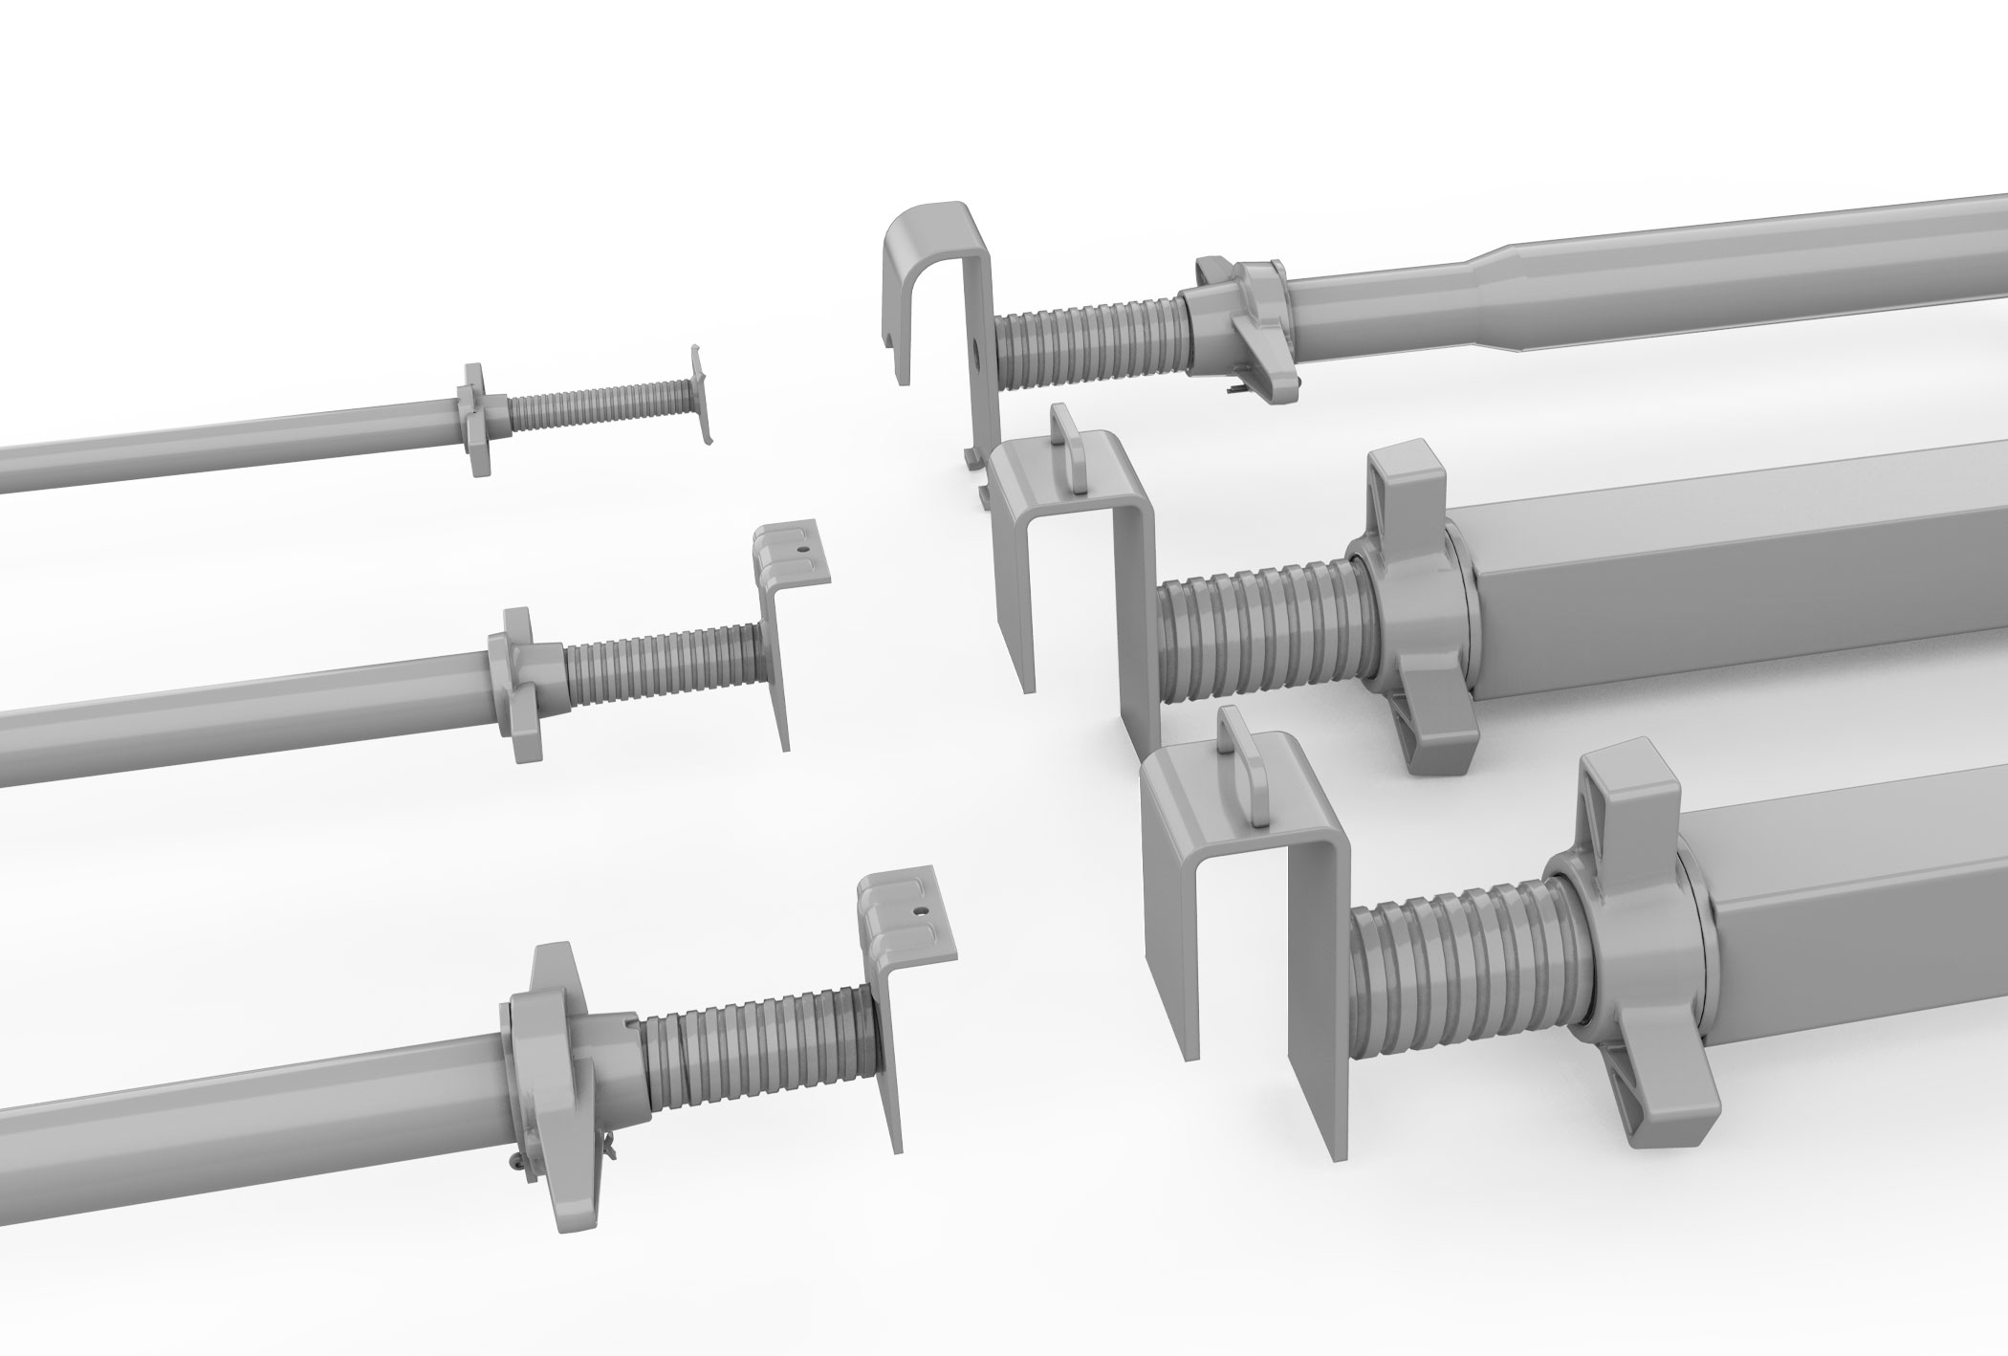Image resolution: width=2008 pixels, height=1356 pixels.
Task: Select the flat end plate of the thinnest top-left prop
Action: click(x=702, y=392)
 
